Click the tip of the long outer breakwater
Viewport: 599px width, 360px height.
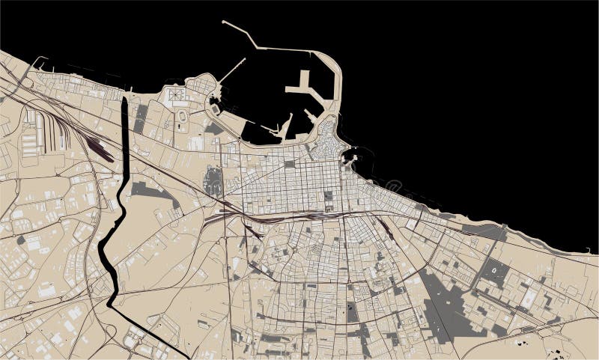[x=224, y=22]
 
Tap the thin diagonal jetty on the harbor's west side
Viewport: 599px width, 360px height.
[x=232, y=70]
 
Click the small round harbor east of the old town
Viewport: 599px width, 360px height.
[x=350, y=158]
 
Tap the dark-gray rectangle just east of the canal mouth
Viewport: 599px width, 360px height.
[x=141, y=120]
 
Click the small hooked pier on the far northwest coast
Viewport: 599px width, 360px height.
[x=37, y=61]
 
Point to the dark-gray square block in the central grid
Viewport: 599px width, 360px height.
[x=328, y=196]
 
